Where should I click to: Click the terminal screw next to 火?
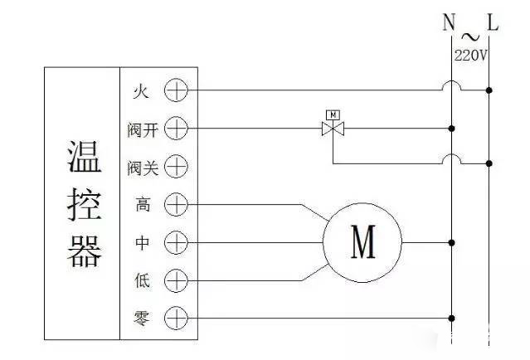click(176, 90)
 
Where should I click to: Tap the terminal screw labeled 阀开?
click(176, 129)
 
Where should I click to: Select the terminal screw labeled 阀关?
click(176, 167)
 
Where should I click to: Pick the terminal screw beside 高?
click(176, 204)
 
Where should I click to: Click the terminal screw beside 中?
click(176, 243)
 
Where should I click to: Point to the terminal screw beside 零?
click(176, 318)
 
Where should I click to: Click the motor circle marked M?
click(362, 243)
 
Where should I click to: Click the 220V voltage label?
click(469, 55)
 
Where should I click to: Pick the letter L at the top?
click(493, 23)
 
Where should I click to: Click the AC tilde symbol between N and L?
click(469, 36)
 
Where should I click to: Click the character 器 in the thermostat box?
click(83, 251)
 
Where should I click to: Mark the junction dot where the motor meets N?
click(451, 243)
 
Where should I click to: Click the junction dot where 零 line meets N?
click(451, 318)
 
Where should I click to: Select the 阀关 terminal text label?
click(142, 167)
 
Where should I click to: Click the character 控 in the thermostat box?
click(83, 204)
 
